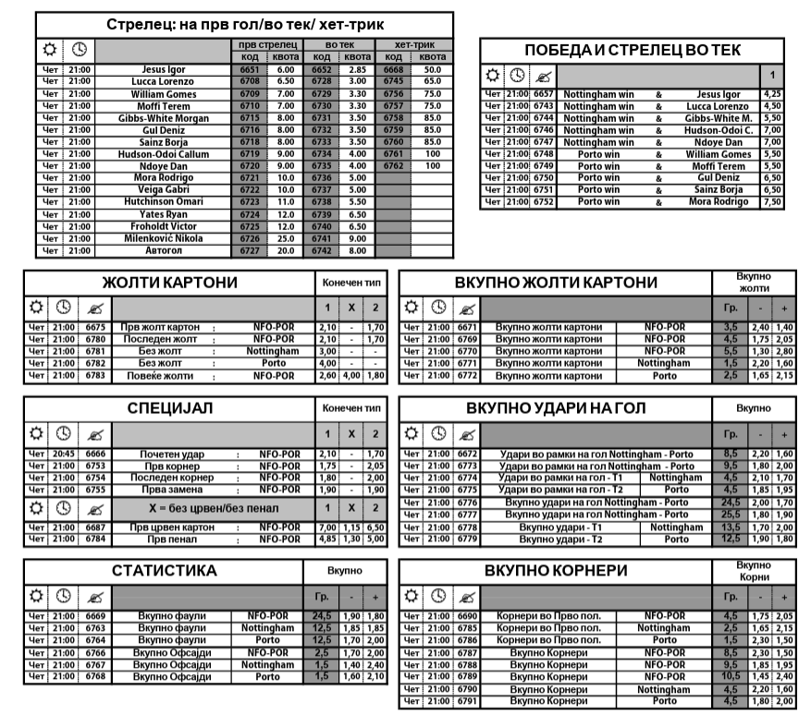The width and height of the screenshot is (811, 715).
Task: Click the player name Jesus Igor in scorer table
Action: click(164, 70)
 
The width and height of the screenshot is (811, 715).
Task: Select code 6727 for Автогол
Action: click(249, 250)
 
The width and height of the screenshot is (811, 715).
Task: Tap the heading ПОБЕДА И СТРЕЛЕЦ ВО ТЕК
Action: click(633, 51)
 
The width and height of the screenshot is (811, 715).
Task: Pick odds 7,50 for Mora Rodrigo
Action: click(772, 201)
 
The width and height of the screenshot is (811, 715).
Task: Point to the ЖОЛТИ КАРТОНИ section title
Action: click(169, 282)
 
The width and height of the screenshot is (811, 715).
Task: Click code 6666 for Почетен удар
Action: click(95, 454)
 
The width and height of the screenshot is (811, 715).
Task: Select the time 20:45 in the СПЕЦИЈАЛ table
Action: click(64, 454)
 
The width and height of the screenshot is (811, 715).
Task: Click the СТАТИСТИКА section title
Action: click(165, 571)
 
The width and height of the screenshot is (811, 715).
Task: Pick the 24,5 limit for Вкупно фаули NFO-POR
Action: click(323, 615)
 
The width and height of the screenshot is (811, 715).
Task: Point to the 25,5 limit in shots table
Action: click(730, 515)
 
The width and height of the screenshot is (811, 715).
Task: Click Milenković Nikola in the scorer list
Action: click(164, 238)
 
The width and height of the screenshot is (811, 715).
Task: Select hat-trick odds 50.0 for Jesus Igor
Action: click(432, 70)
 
